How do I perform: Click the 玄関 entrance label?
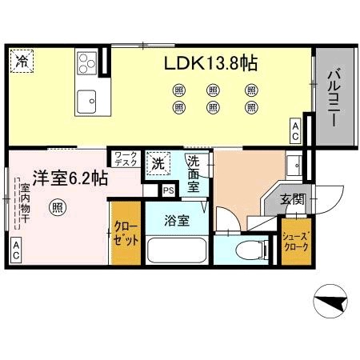[x=291, y=199]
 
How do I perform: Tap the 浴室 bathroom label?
[x=177, y=222]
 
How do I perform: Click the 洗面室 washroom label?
[x=194, y=174]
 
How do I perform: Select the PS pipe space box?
[x=169, y=190]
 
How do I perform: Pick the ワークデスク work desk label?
[x=126, y=158]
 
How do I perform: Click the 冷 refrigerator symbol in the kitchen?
[x=22, y=62]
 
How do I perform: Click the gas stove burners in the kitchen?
[x=86, y=62]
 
